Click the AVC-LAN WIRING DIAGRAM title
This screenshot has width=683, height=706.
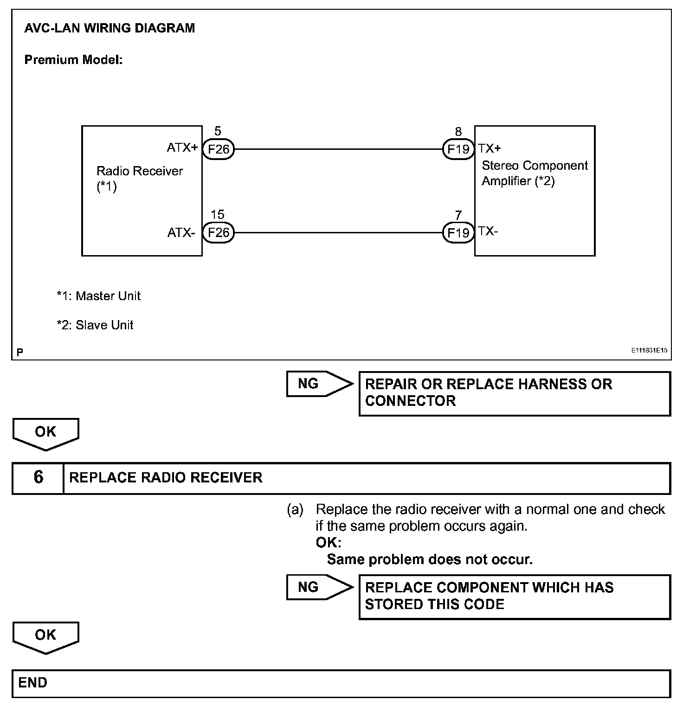(x=110, y=28)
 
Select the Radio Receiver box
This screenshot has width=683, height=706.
(x=142, y=191)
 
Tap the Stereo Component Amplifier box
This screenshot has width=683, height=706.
(x=535, y=191)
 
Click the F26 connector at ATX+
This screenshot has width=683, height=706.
(x=219, y=149)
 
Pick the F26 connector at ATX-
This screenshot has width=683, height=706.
(x=219, y=232)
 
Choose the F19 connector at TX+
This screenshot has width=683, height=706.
(x=458, y=149)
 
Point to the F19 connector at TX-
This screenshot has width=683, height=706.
(x=458, y=232)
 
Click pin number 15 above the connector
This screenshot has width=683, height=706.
(x=217, y=215)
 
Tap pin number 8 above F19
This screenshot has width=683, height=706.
(x=458, y=132)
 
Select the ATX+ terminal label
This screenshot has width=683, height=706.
(x=182, y=148)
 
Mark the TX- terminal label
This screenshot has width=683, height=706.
(x=488, y=231)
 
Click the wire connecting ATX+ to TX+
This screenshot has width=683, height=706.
(x=339, y=149)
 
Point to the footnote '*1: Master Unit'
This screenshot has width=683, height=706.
(x=98, y=296)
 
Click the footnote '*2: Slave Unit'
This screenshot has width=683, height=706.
(x=95, y=325)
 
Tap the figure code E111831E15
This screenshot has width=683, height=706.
(x=649, y=351)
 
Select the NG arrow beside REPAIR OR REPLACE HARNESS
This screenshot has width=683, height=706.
(x=319, y=384)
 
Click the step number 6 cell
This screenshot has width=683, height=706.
(x=38, y=478)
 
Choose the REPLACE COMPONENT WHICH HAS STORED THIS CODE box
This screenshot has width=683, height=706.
(x=515, y=597)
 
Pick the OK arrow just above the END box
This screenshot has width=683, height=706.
(x=45, y=637)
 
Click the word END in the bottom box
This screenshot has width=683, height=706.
(x=33, y=683)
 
